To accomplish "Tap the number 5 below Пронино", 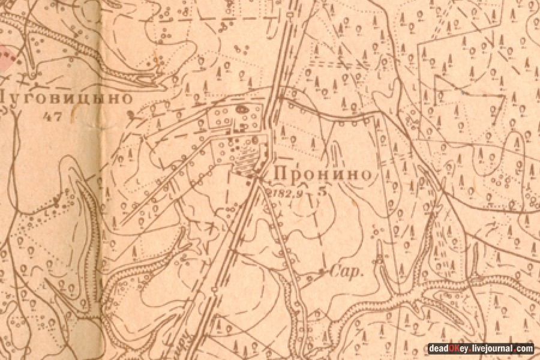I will pos(324,193).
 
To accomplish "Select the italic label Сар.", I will pos(352,272).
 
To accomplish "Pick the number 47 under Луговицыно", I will pos(53,116).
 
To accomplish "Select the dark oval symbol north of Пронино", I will pos(242,110).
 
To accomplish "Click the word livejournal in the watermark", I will pos(494,349).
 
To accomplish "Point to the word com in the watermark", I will pos(526,349).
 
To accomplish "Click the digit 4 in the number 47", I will pos(49,116).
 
